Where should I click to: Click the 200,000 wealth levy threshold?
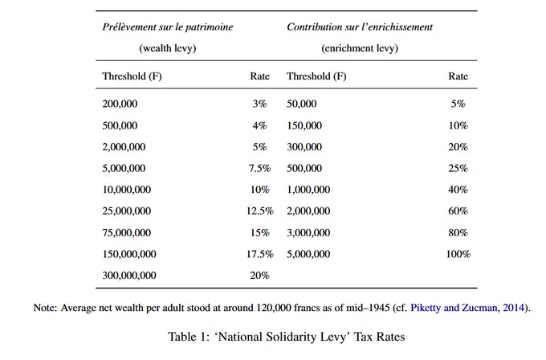pyautogui.click(x=120, y=104)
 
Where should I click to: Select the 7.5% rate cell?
pyautogui.click(x=260, y=168)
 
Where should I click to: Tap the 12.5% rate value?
pyautogui.click(x=260, y=211)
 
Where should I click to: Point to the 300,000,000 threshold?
pyautogui.click(x=129, y=276)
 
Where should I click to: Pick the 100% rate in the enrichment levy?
pyautogui.click(x=458, y=254)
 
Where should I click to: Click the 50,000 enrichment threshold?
pyautogui.click(x=302, y=104)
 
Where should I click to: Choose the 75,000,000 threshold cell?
pyautogui.click(x=126, y=233)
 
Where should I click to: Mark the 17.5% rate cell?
pyautogui.click(x=260, y=254)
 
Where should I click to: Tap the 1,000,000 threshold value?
pyautogui.click(x=308, y=190)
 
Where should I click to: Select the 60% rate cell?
pyautogui.click(x=458, y=211)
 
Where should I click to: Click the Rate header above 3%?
pyautogui.click(x=260, y=76)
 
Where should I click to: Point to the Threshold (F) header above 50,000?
pyautogui.click(x=316, y=76)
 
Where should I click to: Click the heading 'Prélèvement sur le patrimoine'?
pyautogui.click(x=168, y=27)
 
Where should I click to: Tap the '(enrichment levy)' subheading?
pyautogui.click(x=360, y=48)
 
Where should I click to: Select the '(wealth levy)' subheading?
pyautogui.click(x=168, y=48)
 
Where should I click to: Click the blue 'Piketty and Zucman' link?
pyautogui.click(x=454, y=308)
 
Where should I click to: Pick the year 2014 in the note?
pyautogui.click(x=513, y=308)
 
